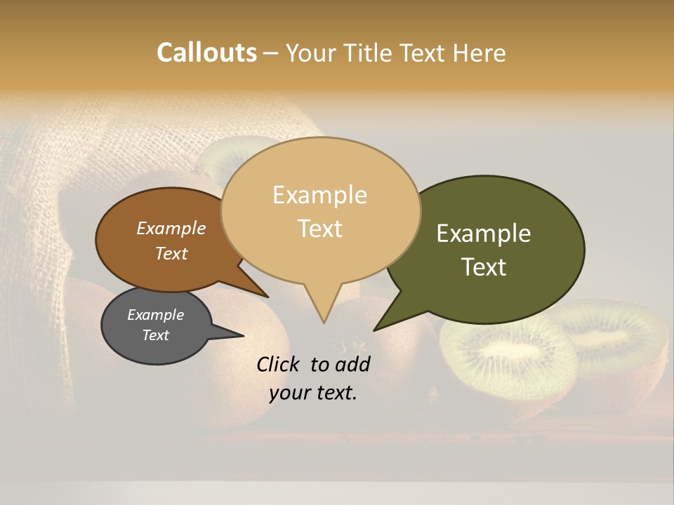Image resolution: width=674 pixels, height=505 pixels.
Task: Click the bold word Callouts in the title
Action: (x=206, y=53)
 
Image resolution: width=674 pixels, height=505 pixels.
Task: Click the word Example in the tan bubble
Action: (x=319, y=195)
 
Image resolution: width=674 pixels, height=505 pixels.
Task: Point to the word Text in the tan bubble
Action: (x=320, y=229)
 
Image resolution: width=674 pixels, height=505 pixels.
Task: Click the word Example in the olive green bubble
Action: (x=484, y=234)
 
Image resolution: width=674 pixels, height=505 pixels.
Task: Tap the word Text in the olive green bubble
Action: (x=484, y=267)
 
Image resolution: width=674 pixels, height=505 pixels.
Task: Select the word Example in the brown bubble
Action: (x=171, y=229)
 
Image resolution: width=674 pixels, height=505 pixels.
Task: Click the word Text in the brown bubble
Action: (x=171, y=254)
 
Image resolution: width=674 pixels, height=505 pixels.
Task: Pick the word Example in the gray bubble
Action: (x=156, y=315)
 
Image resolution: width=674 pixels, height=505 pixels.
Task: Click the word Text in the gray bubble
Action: (x=156, y=335)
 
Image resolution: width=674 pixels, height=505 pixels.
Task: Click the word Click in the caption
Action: (x=278, y=364)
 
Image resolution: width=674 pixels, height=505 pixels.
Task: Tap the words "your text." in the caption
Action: (x=313, y=393)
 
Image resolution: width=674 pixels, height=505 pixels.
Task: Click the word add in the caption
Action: (x=353, y=364)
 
